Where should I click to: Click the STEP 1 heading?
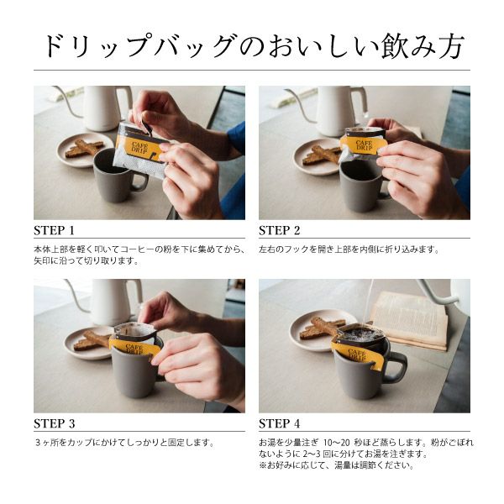click(x=55, y=230)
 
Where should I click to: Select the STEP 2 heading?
click(x=280, y=230)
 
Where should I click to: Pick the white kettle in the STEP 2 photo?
click(x=340, y=108)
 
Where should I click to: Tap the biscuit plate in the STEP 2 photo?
click(x=318, y=155)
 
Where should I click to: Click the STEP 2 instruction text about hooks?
click(x=349, y=249)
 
